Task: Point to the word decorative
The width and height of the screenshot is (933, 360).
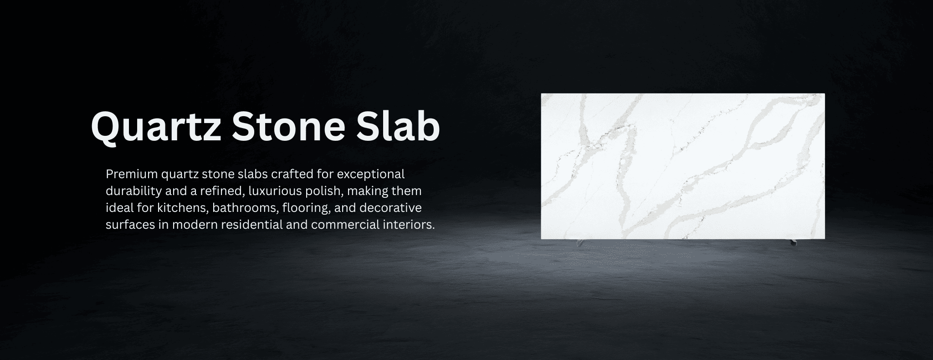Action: [x=390, y=208]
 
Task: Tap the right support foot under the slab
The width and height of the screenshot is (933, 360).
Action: [x=792, y=242]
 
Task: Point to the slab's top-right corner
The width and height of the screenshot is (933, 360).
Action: [x=825, y=93]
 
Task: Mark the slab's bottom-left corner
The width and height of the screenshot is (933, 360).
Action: [x=541, y=239]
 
